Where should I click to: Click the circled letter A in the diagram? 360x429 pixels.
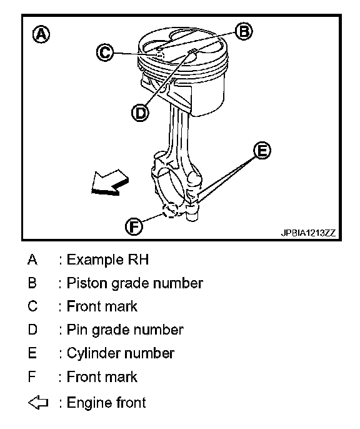coord(41,34)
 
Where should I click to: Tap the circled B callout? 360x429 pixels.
coord(244,31)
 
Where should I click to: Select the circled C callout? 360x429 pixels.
coord(105,52)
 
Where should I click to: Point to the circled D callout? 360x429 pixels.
coord(140,113)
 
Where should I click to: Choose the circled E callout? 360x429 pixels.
coord(262,150)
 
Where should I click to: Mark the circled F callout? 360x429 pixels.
coord(134,226)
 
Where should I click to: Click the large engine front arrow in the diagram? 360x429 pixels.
coord(110,183)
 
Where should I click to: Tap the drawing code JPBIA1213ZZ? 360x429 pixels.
coord(308,233)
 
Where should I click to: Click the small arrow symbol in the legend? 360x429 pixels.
coord(38,403)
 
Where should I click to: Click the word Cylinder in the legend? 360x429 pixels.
coord(94,353)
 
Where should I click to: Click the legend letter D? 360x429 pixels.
coord(32,330)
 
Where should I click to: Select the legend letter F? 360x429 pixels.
coord(32,376)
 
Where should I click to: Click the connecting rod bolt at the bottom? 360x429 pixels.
coord(192,214)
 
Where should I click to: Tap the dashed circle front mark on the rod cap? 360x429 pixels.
coord(170,210)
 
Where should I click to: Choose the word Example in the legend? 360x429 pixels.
coord(95,260)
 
